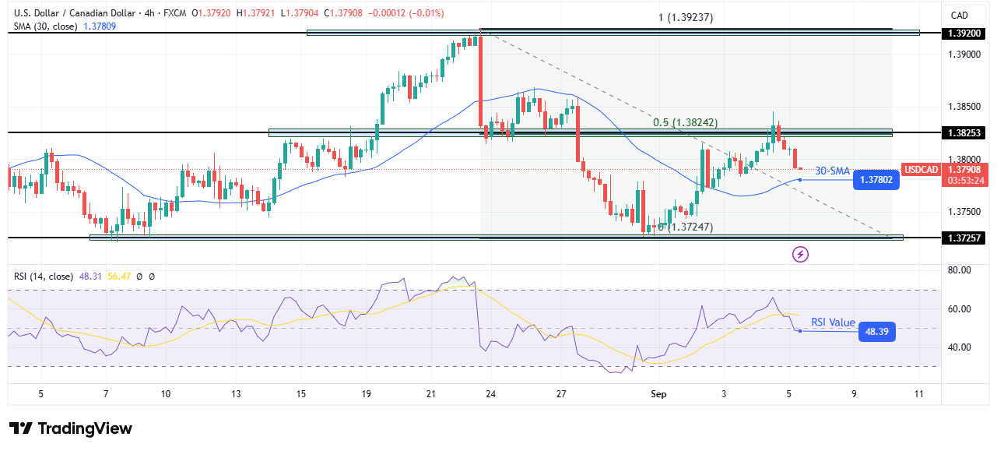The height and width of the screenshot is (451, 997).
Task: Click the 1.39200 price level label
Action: (963, 33)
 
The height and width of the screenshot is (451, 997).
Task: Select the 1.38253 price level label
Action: (963, 133)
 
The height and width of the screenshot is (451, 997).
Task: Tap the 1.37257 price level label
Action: (963, 238)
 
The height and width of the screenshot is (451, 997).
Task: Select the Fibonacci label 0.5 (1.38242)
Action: (685, 122)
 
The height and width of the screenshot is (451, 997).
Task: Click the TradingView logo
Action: (71, 428)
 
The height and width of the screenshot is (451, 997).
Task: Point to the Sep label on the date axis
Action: (658, 394)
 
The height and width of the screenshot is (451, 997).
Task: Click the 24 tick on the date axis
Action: (490, 394)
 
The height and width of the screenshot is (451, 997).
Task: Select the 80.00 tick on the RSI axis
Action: (959, 270)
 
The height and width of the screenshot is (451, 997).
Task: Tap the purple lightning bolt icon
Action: (799, 254)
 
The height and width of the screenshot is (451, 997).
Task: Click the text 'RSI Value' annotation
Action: (833, 322)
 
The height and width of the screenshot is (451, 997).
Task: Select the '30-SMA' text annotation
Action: (832, 171)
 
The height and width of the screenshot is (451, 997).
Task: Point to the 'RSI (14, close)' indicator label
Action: (44, 276)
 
